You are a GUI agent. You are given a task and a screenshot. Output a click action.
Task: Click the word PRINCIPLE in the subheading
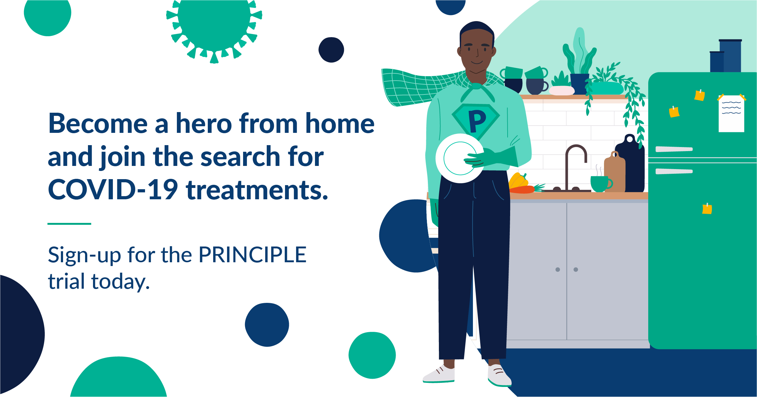point(253,255)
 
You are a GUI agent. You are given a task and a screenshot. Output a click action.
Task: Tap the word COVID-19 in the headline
point(113,190)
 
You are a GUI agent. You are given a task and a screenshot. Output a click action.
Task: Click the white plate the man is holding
point(459,158)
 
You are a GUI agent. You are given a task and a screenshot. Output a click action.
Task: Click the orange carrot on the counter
point(523,189)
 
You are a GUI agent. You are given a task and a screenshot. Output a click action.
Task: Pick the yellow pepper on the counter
point(518,181)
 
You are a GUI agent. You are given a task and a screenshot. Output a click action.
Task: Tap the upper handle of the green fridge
point(674,149)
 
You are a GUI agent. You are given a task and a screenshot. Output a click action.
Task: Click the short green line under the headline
point(69,224)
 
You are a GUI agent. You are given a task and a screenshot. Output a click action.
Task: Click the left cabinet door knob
point(557,269)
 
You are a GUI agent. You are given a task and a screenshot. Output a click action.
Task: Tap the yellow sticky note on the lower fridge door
point(707,209)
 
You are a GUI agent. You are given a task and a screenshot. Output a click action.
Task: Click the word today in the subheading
point(120,282)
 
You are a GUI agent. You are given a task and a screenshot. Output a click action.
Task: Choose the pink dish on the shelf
point(562,91)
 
